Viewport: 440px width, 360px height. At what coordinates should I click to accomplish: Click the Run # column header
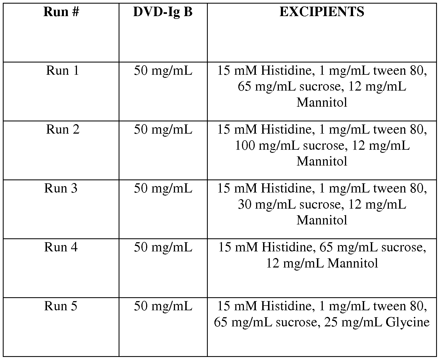point(61,12)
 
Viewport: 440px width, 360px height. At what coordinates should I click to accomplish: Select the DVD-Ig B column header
point(163,12)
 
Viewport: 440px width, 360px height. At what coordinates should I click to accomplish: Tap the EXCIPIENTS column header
point(322,12)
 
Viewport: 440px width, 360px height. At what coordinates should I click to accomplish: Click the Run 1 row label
point(62,71)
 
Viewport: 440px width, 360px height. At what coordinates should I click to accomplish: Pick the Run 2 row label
point(62,129)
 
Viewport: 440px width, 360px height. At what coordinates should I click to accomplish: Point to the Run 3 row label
point(61,188)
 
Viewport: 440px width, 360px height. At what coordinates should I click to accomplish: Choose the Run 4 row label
point(61,247)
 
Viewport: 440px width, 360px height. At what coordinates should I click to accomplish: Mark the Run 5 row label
point(61,306)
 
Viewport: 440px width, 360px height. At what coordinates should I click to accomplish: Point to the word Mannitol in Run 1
point(322,102)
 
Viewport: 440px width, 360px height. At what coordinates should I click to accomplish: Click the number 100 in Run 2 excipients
point(245,146)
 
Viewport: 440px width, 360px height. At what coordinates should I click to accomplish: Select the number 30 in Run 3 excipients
point(244,204)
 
